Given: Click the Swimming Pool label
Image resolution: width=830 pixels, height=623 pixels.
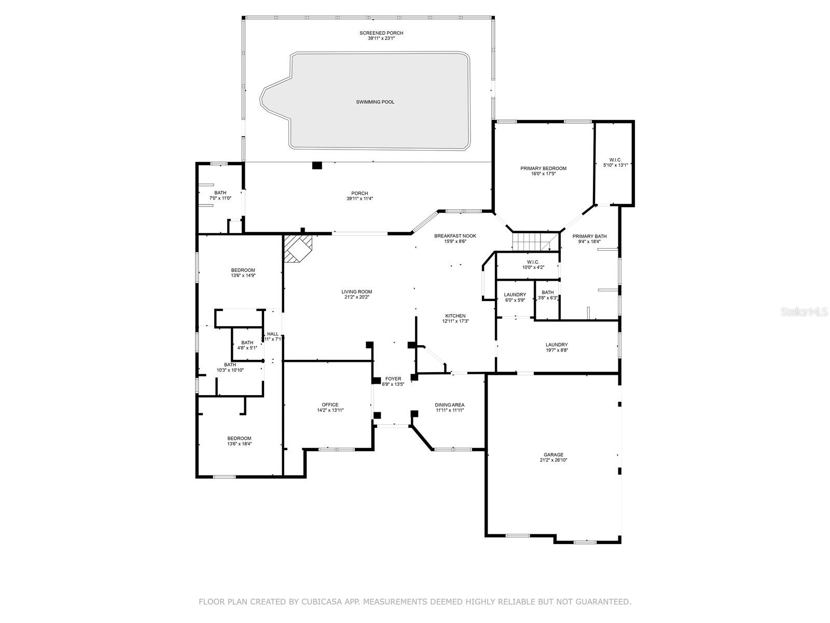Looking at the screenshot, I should pyautogui.click(x=375, y=102).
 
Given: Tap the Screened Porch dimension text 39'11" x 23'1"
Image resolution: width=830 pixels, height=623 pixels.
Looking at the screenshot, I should pyautogui.click(x=381, y=38).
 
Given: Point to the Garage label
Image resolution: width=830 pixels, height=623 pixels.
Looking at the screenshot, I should pyautogui.click(x=554, y=455).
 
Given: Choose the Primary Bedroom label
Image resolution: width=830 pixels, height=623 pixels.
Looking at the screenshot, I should pyautogui.click(x=543, y=168).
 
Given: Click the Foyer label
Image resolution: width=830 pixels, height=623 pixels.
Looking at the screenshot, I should pyautogui.click(x=393, y=378).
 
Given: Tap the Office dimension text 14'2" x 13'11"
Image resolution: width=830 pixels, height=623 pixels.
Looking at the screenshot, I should pyautogui.click(x=330, y=410).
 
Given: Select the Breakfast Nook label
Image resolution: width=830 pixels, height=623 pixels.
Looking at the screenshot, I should pyautogui.click(x=455, y=236).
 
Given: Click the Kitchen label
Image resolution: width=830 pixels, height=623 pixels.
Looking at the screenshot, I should pyautogui.click(x=455, y=316).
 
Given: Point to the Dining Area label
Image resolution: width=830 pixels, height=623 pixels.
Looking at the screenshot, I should pyautogui.click(x=450, y=405).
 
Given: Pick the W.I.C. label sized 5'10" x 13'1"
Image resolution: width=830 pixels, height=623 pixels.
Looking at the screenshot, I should pyautogui.click(x=615, y=159).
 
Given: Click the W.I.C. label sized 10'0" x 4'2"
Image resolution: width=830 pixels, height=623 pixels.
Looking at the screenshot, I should pyautogui.click(x=533, y=262).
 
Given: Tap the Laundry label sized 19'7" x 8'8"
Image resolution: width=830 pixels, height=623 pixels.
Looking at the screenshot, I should pyautogui.click(x=557, y=345).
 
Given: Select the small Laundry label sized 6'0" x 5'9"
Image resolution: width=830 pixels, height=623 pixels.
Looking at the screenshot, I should pyautogui.click(x=515, y=294).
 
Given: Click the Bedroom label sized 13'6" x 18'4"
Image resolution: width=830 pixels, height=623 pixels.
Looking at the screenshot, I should pyautogui.click(x=239, y=438).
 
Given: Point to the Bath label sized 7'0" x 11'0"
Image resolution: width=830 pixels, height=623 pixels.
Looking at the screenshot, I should pyautogui.click(x=220, y=193).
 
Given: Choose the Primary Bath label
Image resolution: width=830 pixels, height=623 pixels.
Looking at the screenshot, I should pyautogui.click(x=589, y=236).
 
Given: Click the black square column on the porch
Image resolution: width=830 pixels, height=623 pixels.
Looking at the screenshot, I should pyautogui.click(x=317, y=166).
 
